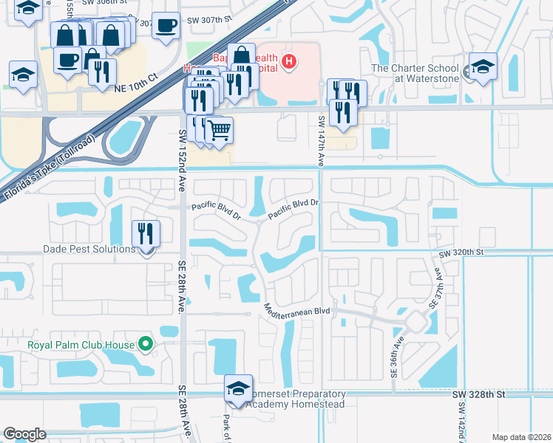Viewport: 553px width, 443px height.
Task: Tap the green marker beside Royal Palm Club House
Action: [x=146, y=343]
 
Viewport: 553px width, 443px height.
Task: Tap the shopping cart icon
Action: [x=219, y=131]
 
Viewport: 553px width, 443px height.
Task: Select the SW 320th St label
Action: [x=461, y=253]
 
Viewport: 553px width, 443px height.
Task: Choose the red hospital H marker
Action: [x=290, y=62]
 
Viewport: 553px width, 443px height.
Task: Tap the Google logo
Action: [x=24, y=434]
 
